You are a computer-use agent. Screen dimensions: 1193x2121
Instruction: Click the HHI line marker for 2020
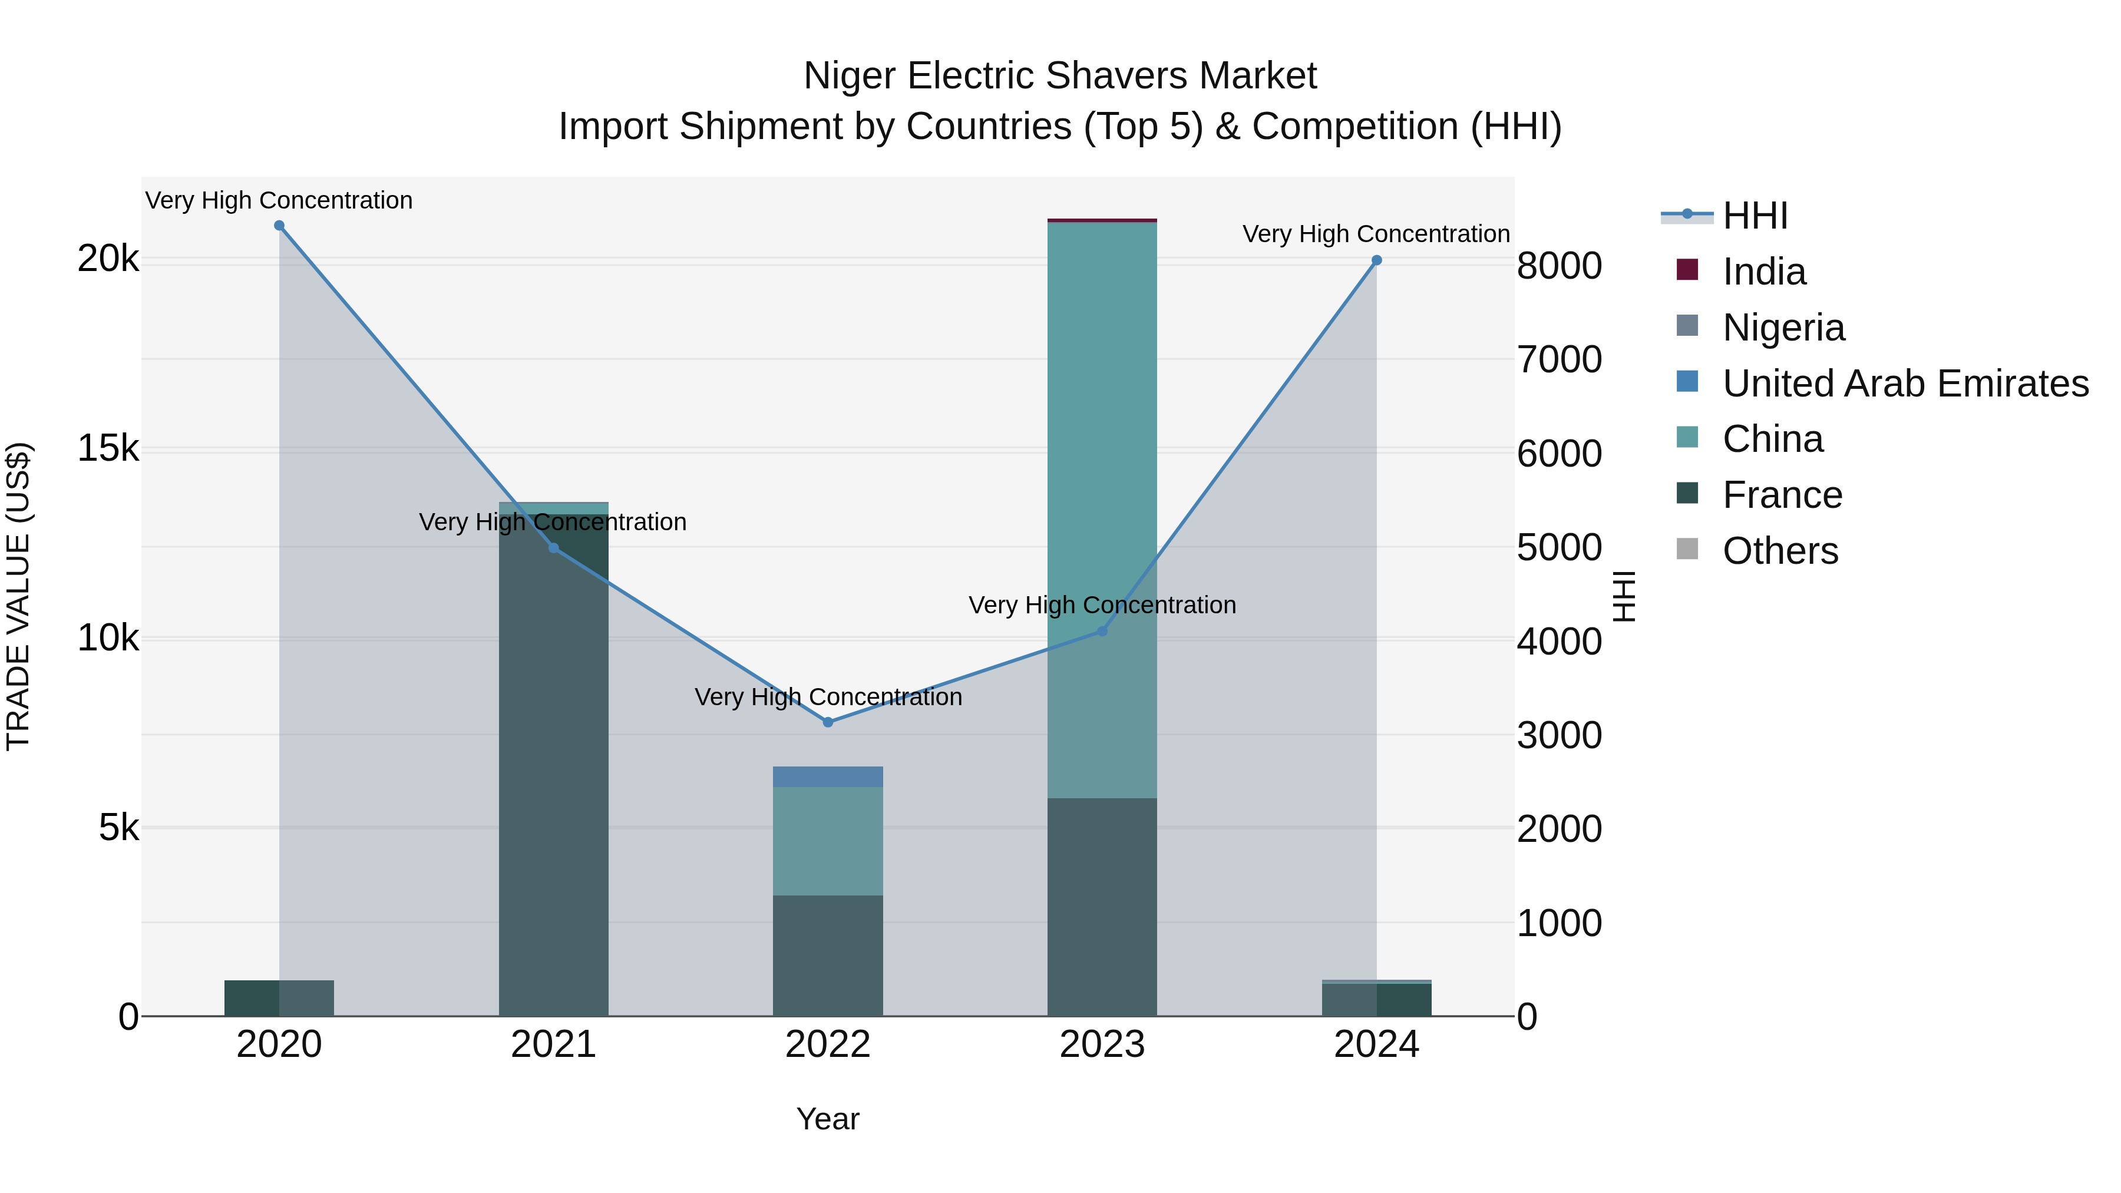279,226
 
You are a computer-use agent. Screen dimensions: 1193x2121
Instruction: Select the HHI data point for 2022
828,722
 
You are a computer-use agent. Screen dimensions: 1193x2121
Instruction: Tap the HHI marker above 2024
1377,260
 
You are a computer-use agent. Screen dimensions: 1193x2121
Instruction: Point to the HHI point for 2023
1102,632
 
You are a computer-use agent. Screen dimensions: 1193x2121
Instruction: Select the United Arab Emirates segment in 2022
828,776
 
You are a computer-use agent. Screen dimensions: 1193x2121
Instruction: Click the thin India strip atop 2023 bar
1102,220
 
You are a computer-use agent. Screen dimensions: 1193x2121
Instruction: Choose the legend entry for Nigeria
1783,328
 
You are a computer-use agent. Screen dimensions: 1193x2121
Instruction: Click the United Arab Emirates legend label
1905,384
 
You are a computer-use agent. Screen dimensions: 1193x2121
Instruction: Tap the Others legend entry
1780,551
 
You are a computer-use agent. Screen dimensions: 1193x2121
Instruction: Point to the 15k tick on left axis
108,449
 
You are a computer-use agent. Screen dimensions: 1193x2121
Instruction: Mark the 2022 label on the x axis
828,1045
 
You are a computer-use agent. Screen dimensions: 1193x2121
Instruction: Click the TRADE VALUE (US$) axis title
19,596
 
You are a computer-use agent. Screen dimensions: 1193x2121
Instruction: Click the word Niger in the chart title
850,76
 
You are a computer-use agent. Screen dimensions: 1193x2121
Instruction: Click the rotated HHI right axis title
1624,596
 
